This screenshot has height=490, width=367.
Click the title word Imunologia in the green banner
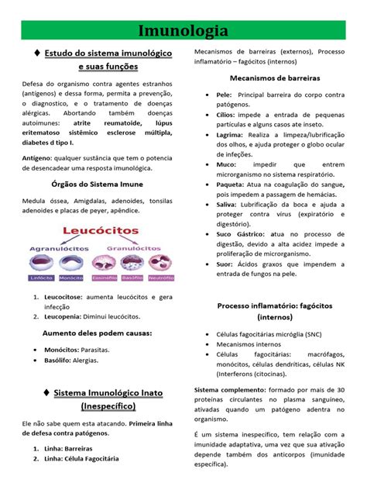(183, 31)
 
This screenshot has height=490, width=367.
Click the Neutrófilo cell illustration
(161, 263)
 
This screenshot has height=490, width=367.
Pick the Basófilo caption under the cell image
(131, 278)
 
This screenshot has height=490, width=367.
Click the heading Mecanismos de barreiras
(275, 78)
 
